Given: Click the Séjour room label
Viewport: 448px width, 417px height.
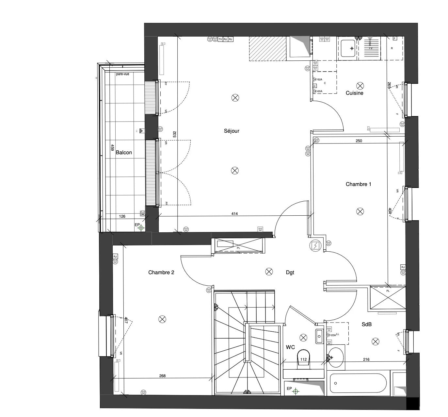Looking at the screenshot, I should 232,131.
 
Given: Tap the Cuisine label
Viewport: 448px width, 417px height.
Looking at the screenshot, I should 354,93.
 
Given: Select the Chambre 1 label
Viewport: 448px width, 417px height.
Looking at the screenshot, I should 358,184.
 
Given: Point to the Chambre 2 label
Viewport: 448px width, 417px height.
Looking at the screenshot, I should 161,272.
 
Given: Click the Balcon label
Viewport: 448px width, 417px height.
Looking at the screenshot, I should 124,153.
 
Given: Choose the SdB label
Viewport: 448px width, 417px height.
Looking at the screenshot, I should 367,325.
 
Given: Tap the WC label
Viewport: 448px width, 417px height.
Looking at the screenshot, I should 290,347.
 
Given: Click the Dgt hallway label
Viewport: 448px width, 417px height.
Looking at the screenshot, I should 290,272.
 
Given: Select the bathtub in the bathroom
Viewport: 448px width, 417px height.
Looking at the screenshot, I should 358,383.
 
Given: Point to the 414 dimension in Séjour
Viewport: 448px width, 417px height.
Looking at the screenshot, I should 234,214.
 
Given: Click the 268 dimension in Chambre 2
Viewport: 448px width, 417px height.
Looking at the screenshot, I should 162,376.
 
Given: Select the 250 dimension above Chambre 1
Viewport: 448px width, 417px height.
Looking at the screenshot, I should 359,141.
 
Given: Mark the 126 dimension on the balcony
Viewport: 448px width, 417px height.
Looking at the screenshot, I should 122,216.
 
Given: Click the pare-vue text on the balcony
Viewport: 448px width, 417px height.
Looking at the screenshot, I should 122,74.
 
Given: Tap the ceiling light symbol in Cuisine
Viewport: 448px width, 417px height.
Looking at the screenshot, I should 360,86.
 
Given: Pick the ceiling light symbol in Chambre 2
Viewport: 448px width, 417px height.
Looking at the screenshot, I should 162,319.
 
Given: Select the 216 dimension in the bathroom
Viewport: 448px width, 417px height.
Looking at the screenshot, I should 366,359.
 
